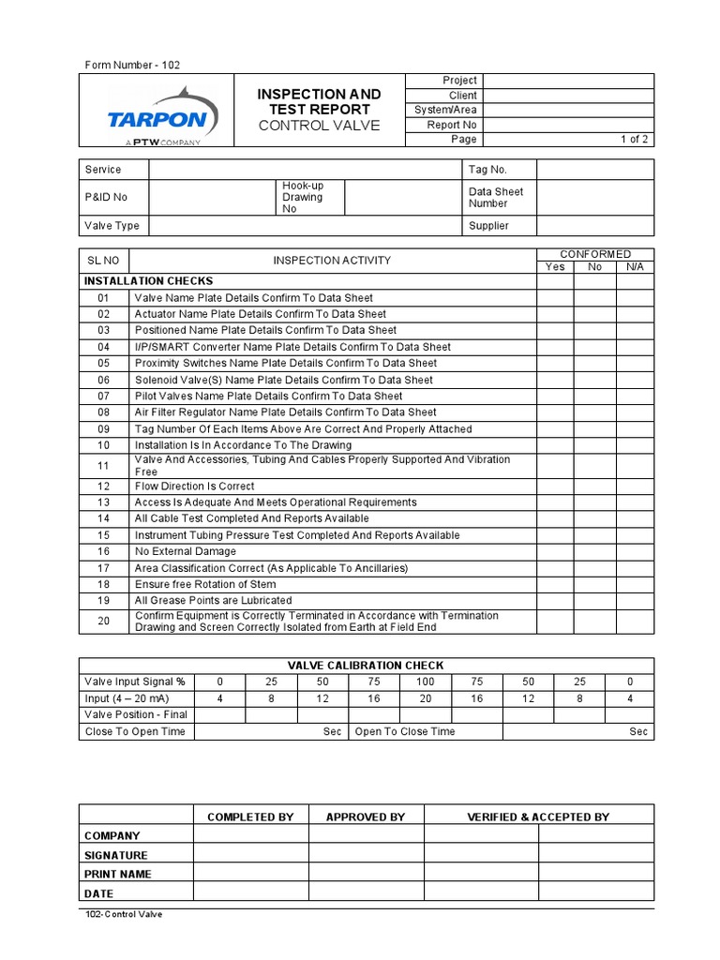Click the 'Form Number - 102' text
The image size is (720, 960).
click(x=132, y=65)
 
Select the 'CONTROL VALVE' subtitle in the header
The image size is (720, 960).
click(x=319, y=126)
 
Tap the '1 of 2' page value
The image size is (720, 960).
click(x=634, y=140)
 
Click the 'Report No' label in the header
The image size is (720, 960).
click(x=452, y=125)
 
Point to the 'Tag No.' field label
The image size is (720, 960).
click(x=487, y=170)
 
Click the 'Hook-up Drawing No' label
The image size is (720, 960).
click(x=302, y=198)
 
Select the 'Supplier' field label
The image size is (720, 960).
click(x=488, y=226)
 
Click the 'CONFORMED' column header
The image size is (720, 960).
click(x=595, y=254)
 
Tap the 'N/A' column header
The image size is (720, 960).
click(x=635, y=267)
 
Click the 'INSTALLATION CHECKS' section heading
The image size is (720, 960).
click(x=148, y=281)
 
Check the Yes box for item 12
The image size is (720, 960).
click(x=555, y=487)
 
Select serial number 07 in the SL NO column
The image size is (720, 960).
click(x=103, y=397)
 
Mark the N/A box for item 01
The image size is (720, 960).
click(x=635, y=298)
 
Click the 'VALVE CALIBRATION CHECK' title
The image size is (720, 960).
click(x=366, y=666)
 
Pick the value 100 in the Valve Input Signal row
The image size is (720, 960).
click(x=425, y=682)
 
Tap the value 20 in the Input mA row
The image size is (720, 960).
click(x=425, y=698)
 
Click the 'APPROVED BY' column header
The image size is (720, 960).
click(x=366, y=817)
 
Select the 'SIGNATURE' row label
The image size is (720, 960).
click(x=116, y=855)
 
